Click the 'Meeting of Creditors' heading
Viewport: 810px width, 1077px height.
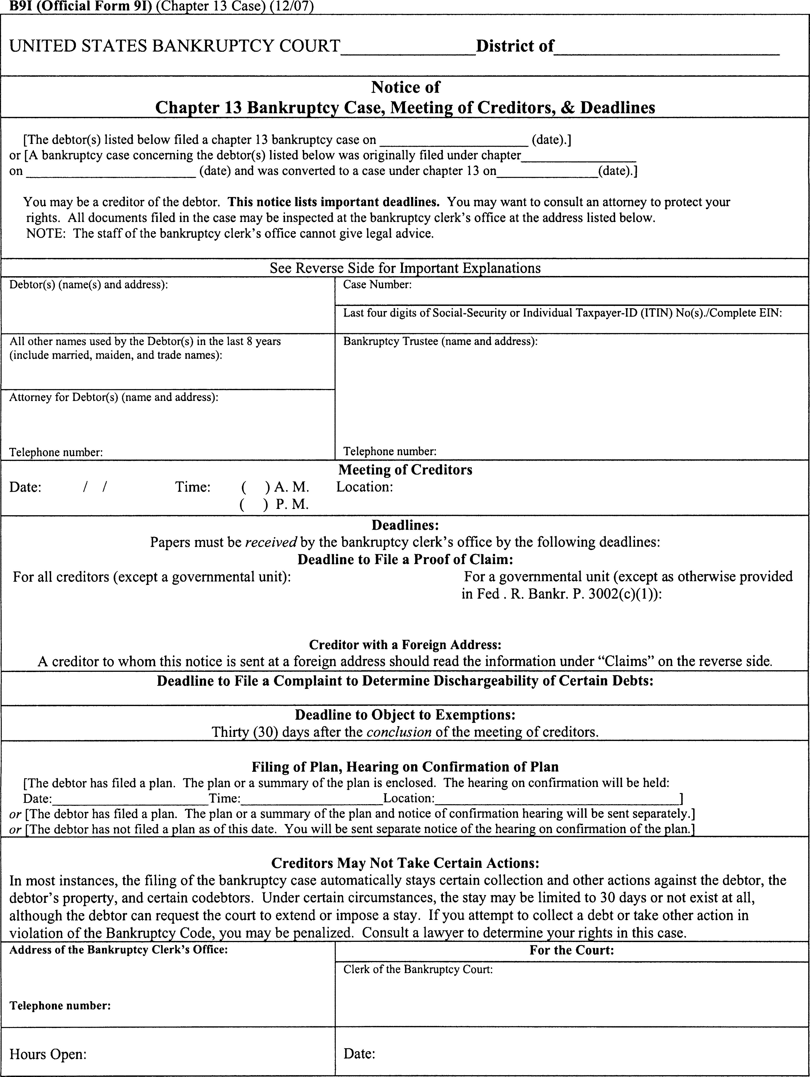[x=405, y=470]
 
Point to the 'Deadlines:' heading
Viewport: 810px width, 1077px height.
[x=405, y=525]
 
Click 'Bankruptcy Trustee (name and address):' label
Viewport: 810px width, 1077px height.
[x=440, y=341]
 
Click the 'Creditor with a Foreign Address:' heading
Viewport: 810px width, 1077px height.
[x=405, y=645]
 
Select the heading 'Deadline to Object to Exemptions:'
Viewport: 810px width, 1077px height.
[x=405, y=715]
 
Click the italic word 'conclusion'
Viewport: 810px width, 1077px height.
[x=399, y=732]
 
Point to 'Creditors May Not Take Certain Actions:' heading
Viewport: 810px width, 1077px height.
[x=405, y=863]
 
